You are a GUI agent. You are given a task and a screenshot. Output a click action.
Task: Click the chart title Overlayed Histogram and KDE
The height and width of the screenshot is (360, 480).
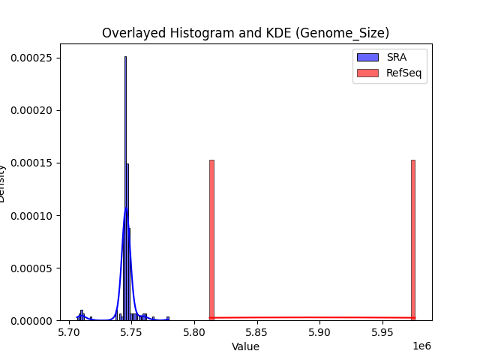coord(245,33)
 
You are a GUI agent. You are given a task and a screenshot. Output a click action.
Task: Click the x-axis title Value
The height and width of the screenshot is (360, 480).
coord(245,346)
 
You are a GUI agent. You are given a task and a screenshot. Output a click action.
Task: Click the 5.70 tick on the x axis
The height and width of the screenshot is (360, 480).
coord(70,332)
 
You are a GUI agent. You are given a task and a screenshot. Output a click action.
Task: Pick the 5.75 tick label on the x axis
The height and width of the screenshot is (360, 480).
coord(132,332)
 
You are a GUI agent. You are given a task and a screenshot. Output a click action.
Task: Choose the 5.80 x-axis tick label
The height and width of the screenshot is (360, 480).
coord(194,332)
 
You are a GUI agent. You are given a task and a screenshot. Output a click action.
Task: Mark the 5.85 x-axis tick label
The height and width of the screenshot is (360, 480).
coord(257,332)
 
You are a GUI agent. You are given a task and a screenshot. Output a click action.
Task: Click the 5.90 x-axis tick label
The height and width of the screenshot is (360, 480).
coord(319,332)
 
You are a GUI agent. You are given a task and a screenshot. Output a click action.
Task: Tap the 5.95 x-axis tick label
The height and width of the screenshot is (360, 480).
coord(382,332)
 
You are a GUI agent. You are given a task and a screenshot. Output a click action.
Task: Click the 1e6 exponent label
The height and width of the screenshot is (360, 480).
coord(422,346)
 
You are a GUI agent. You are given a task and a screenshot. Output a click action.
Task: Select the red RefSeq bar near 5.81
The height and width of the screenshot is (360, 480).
coord(211,240)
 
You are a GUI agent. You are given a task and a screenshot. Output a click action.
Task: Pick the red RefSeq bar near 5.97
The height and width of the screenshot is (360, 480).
coord(413,240)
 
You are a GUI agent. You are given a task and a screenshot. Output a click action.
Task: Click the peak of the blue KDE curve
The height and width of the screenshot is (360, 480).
coord(126,208)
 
